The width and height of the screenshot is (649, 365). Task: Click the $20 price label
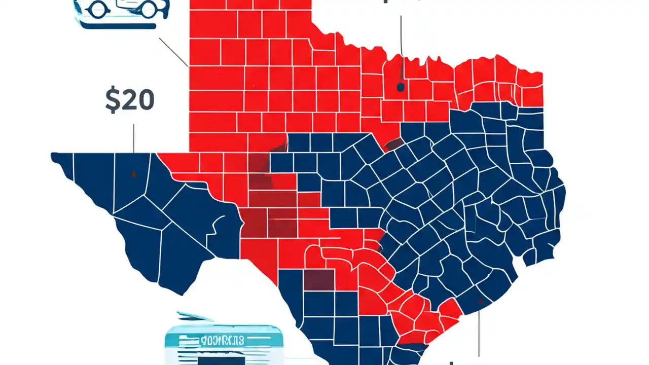[129, 101]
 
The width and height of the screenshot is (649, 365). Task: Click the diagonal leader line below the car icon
[173, 52]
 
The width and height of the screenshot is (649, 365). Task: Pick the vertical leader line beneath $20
[134, 138]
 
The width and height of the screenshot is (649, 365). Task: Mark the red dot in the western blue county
[133, 174]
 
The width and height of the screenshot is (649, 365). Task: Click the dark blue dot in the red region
[401, 87]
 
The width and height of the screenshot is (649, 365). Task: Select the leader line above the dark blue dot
[401, 35]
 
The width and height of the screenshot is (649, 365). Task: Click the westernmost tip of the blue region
[52, 155]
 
